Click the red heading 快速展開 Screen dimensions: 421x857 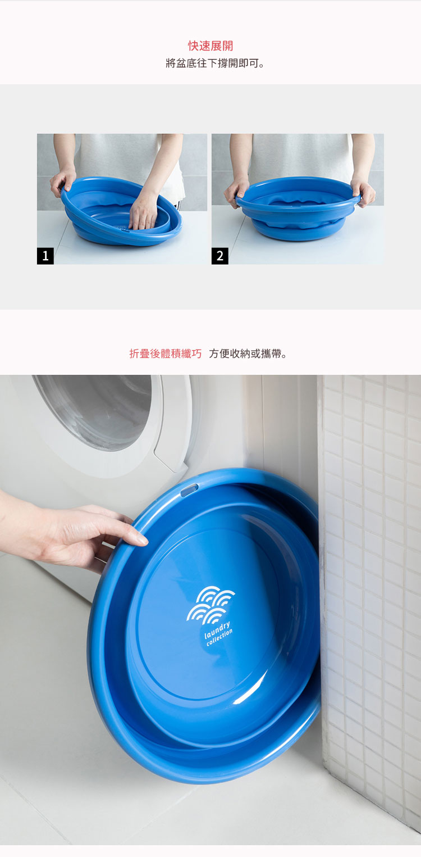(210, 46)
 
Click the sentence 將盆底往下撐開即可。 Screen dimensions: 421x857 (215, 63)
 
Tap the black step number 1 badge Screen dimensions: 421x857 (45, 256)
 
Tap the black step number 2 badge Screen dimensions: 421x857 (219, 256)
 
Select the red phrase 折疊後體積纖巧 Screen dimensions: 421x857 (166, 353)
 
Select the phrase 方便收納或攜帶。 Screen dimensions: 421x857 (248, 353)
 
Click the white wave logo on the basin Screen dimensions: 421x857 (210, 604)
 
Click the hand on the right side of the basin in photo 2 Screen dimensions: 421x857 (363, 191)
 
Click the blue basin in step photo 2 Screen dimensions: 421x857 (298, 208)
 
